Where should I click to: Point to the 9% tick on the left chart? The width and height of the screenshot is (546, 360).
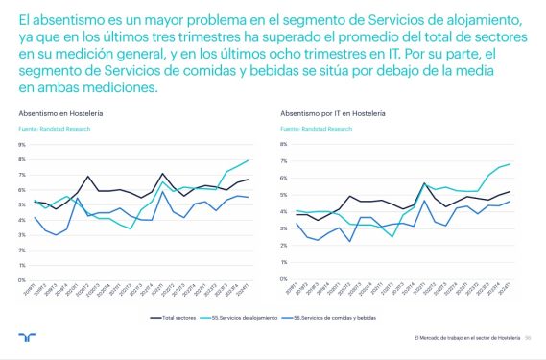(x=21, y=144)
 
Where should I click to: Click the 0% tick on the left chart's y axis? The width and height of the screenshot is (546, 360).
(x=21, y=279)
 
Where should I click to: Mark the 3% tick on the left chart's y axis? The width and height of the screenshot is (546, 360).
(x=21, y=234)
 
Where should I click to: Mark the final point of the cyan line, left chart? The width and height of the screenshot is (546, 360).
(x=249, y=160)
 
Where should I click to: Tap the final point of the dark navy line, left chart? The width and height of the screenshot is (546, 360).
(x=249, y=180)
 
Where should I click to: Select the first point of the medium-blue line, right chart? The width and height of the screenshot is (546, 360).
(x=297, y=224)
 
